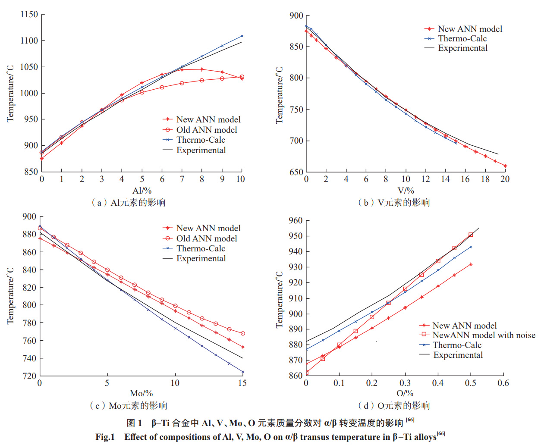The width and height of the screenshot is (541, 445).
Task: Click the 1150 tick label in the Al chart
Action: tap(29, 14)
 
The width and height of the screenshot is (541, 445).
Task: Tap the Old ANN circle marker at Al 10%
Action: tap(242, 77)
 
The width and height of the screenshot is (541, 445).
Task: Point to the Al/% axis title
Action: tap(142, 191)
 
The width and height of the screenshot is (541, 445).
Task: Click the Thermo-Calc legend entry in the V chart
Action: tap(462, 38)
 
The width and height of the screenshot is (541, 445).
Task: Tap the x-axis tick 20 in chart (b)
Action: tap(505, 179)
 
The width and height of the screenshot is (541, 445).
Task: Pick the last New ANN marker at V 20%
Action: tap(505, 166)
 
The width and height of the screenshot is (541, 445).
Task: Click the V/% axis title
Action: tap(406, 191)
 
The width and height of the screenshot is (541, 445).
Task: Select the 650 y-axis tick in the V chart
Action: tap(296, 172)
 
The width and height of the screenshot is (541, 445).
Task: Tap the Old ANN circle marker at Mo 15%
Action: tap(243, 333)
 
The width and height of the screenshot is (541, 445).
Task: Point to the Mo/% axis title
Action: tap(142, 393)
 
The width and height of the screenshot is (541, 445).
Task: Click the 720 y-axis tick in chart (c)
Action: tap(29, 376)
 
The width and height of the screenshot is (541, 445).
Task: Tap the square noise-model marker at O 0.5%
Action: tap(471, 235)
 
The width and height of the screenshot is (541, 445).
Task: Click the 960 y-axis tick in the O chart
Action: tap(296, 221)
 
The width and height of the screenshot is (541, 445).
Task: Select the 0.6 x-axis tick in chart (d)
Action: tap(503, 383)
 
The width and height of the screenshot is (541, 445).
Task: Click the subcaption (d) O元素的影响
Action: tap(394, 405)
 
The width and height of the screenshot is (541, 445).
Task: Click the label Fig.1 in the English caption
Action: tap(105, 437)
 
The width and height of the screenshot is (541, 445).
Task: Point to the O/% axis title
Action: tap(405, 393)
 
